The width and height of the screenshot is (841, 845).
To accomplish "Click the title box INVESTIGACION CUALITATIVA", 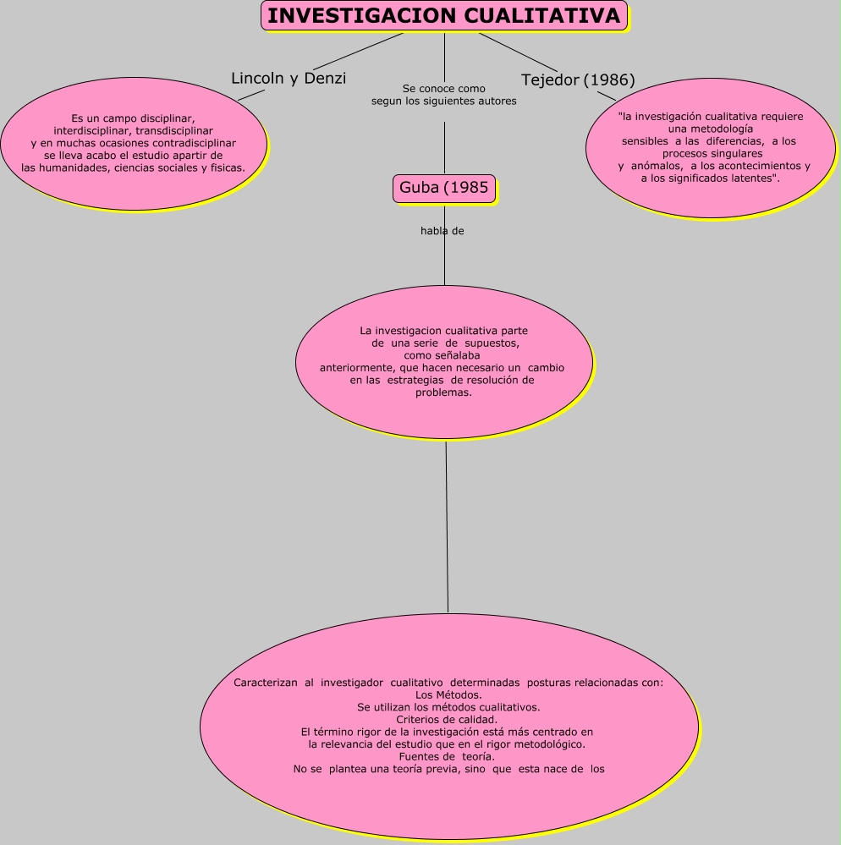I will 444,16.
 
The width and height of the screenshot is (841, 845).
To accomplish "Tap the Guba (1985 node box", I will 444,188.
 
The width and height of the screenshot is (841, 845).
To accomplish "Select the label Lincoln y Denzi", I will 289,79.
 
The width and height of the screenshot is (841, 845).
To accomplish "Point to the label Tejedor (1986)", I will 578,80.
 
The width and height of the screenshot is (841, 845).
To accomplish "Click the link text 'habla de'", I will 442,231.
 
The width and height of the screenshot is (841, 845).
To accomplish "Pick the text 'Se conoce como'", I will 444,88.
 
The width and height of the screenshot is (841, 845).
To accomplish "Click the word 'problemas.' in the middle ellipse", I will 443,392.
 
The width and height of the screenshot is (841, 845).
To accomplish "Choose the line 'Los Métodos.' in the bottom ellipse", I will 449,694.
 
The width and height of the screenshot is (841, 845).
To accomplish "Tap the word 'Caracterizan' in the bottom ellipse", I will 265,682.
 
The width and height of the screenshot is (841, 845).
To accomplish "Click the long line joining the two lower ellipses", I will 447,524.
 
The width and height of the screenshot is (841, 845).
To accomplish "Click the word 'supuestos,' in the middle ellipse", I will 492,343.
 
